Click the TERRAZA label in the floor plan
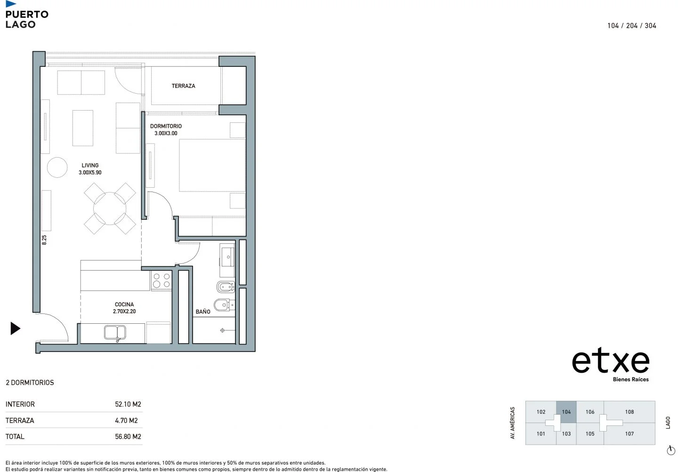click(183, 86)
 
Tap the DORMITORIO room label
click(166, 126)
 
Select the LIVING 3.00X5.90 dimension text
click(90, 172)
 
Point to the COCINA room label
click(124, 304)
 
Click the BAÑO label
click(203, 312)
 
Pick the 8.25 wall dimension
click(44, 240)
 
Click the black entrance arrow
click(15, 328)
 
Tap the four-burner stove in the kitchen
click(161, 280)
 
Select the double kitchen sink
click(115, 332)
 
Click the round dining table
click(110, 208)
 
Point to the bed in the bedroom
click(212, 165)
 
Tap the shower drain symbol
click(222, 330)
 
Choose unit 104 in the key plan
click(566, 412)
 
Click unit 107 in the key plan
click(629, 434)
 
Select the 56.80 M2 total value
click(128, 437)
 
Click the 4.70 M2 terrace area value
click(126, 421)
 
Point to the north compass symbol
click(671, 450)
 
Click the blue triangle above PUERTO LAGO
click(11, 4)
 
